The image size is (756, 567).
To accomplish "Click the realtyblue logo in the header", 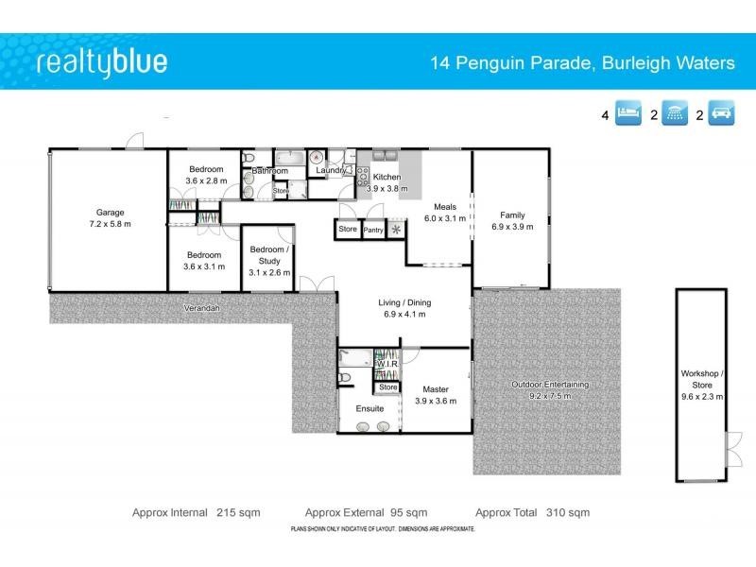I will coord(101,63).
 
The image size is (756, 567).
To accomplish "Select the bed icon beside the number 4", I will coord(628,116).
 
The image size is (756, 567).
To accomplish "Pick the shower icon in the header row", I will coord(677,116).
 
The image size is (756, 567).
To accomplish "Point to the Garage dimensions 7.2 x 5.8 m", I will coord(110,225).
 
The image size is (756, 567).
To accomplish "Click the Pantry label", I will coord(373,230).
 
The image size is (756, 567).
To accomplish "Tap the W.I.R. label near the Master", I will coord(387,364).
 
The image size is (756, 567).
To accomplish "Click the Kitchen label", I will coord(387,177).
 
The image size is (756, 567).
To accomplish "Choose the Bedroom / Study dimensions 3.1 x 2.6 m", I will coord(269,272).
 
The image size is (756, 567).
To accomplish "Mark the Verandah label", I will coord(201,308).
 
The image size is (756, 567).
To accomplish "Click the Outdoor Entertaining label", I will coord(549,385).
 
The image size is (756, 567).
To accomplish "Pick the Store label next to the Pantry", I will coord(348,229).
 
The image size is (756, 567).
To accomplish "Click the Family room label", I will coord(512,215).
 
